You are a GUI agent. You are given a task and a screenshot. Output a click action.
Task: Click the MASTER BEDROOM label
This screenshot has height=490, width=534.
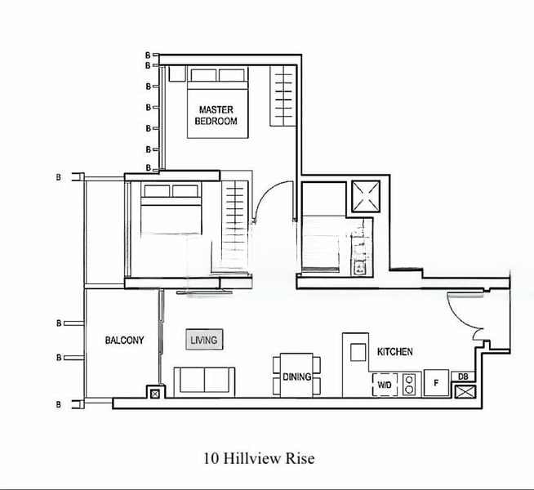[x=216, y=115]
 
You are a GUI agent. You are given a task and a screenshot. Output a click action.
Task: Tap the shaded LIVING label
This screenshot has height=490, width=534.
[x=203, y=339]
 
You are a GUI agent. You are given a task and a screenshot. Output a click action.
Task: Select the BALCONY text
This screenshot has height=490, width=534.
[x=124, y=341]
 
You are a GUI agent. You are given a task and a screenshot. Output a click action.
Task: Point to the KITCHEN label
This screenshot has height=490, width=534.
[x=394, y=352]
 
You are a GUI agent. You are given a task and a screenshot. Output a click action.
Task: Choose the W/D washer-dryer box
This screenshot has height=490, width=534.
[x=385, y=384]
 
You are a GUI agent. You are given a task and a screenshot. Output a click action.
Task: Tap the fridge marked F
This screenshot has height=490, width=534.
[x=437, y=383]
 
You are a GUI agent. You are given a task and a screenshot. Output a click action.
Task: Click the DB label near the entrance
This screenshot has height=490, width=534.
[x=463, y=376]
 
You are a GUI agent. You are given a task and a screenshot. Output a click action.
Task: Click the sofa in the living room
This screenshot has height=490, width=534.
[x=205, y=381]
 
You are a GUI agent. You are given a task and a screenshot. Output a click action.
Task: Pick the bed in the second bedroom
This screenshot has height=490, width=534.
[x=167, y=216]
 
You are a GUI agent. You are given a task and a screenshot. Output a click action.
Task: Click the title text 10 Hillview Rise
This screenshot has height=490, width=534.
[x=259, y=458]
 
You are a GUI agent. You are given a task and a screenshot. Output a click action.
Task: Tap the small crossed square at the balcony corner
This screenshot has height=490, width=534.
[x=154, y=393]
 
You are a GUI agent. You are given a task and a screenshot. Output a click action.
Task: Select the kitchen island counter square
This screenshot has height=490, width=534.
[x=358, y=351]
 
